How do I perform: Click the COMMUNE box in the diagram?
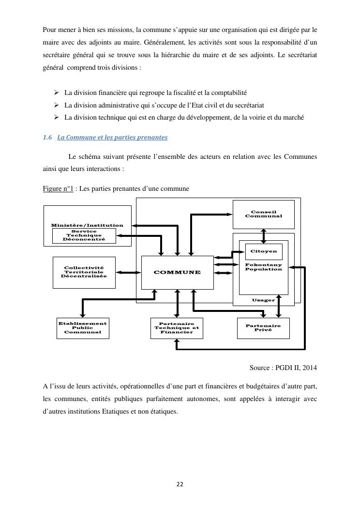(x=177, y=272)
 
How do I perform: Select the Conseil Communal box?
(x=263, y=214)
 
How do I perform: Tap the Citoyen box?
(x=264, y=251)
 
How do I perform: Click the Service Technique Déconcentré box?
(x=84, y=235)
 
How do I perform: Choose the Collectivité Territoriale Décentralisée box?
(x=84, y=272)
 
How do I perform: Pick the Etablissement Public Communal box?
(x=83, y=328)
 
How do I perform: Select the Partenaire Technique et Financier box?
(x=177, y=328)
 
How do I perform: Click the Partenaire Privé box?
(x=263, y=328)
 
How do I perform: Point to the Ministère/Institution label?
(x=87, y=225)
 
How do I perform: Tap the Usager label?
(x=263, y=300)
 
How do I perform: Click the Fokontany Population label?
(x=263, y=267)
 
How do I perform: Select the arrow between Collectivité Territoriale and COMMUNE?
(x=128, y=273)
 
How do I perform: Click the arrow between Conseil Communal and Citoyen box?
(x=263, y=236)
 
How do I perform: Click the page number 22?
(x=180, y=484)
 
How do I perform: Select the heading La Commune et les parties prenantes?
(x=112, y=138)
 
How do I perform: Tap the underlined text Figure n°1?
(x=58, y=188)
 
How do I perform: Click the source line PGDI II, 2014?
(x=283, y=368)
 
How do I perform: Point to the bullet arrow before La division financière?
(x=56, y=92)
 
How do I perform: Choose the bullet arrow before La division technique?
(x=56, y=117)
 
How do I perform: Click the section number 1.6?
(x=47, y=138)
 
